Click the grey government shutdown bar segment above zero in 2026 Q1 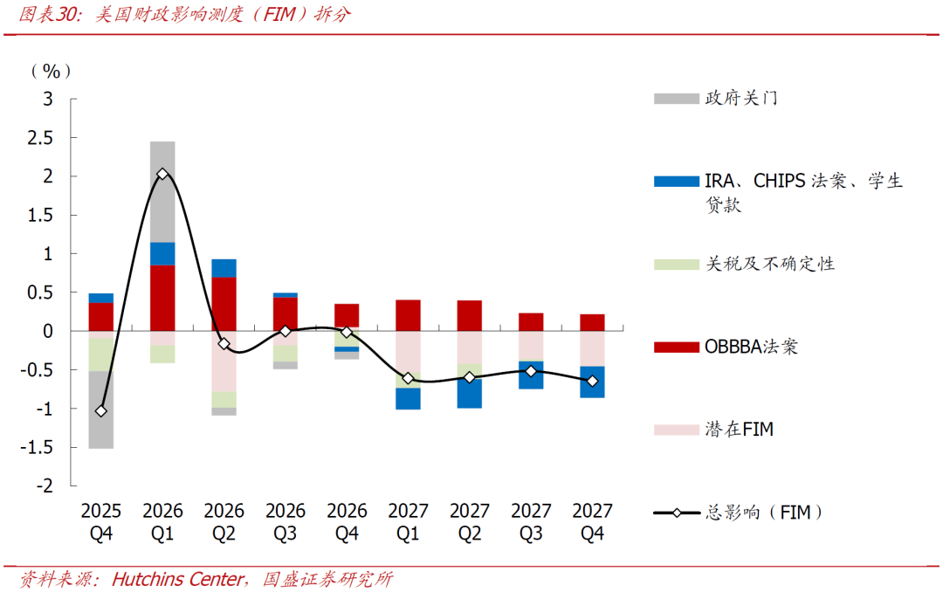tap(162, 191)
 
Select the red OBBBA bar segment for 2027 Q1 tap(408, 315)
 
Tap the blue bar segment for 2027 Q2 tap(469, 393)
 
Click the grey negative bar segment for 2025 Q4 tap(101, 410)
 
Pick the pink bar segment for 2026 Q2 tap(224, 361)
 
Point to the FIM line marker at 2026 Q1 tap(162, 175)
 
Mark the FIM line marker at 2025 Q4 tap(101, 410)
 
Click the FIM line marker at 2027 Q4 tap(592, 381)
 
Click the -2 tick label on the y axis tap(45, 485)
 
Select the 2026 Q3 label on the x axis tap(286, 521)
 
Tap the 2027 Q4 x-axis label tap(592, 521)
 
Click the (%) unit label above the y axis tap(51, 71)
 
